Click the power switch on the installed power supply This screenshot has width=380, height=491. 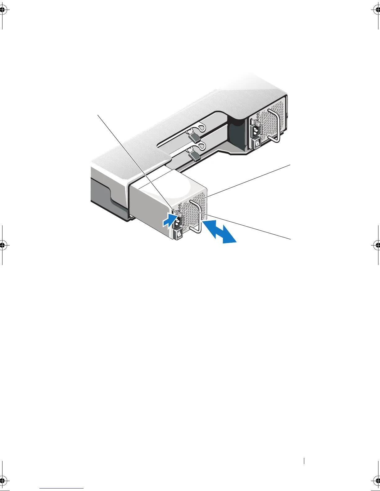click(257, 143)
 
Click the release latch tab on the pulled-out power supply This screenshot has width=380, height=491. click(179, 213)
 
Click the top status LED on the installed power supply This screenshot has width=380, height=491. click(258, 114)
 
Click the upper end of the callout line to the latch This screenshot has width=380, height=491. click(98, 114)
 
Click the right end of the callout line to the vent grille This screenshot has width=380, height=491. click(291, 165)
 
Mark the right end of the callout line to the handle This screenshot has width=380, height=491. click(291, 239)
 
